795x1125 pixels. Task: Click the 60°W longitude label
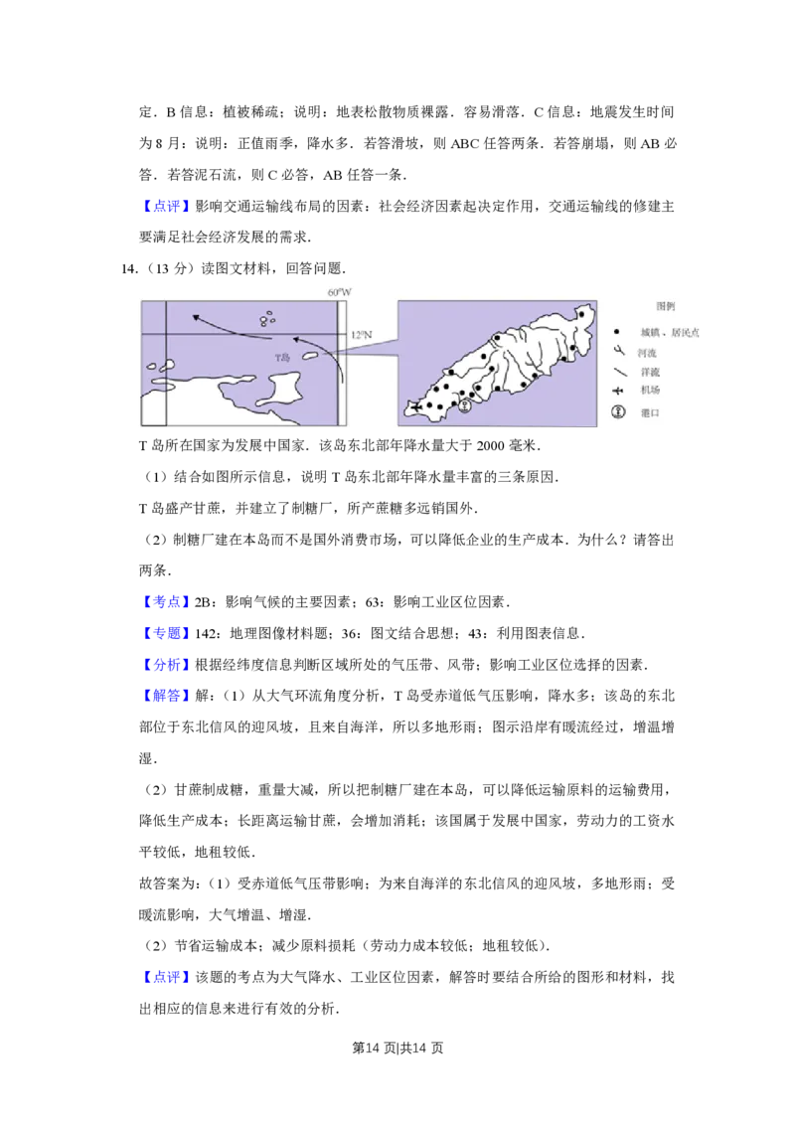click(x=340, y=292)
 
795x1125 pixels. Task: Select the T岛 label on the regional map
click(x=282, y=357)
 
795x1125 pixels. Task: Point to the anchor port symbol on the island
click(x=463, y=404)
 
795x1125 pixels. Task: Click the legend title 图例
click(x=665, y=307)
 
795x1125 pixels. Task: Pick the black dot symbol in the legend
click(x=617, y=332)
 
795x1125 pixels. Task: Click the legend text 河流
click(x=647, y=353)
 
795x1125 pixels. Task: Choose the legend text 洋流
click(x=647, y=372)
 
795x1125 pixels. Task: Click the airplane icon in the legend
click(x=617, y=391)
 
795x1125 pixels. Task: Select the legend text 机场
click(x=647, y=391)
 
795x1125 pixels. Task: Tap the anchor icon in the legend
click(x=617, y=412)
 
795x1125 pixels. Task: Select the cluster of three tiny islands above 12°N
click(x=266, y=319)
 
